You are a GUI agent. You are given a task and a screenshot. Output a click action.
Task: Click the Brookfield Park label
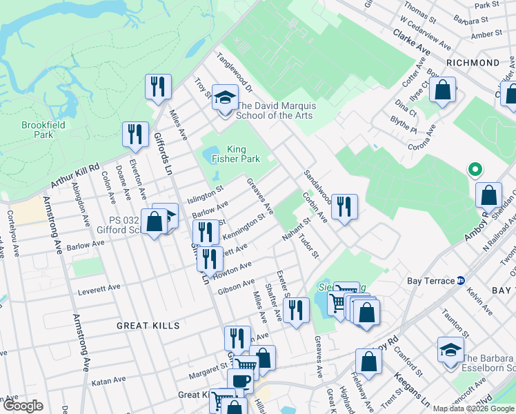[37, 130]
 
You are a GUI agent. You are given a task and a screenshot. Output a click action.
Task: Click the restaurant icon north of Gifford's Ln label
[158, 87]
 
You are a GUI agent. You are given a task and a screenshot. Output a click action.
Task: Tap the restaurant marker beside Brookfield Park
[135, 134]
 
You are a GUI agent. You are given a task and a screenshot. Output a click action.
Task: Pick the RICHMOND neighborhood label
[473, 63]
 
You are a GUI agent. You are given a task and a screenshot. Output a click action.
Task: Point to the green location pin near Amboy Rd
[474, 168]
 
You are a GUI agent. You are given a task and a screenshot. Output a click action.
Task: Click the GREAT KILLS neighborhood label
[148, 326]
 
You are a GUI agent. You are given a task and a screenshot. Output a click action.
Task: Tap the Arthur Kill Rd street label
[75, 176]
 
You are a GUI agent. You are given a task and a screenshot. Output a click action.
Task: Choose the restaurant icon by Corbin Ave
[344, 206]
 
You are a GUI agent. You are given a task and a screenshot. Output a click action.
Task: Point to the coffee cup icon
[240, 379]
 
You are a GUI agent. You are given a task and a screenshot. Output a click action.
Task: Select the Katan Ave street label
[108, 380]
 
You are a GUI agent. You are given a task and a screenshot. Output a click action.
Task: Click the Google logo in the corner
[22, 406]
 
